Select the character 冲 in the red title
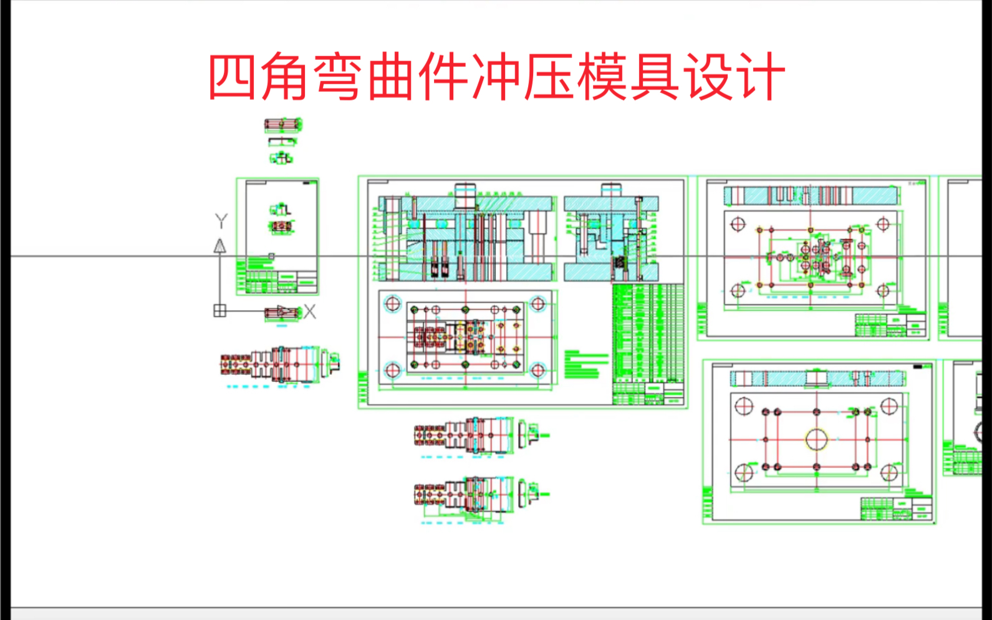click(x=494, y=77)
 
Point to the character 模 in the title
click(x=602, y=77)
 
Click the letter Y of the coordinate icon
click(x=221, y=221)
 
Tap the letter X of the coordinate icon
click(x=309, y=311)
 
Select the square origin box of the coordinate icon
click(x=219, y=310)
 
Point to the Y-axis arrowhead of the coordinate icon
click(x=219, y=246)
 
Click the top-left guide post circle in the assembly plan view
click(x=393, y=304)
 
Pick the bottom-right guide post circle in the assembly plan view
click(x=537, y=371)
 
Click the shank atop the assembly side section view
click(x=612, y=190)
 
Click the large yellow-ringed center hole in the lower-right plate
click(x=817, y=439)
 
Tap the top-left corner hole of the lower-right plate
click(x=744, y=407)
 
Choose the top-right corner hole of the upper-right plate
click(x=883, y=224)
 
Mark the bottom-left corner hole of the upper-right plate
click(x=738, y=290)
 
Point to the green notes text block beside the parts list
click(x=586, y=364)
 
